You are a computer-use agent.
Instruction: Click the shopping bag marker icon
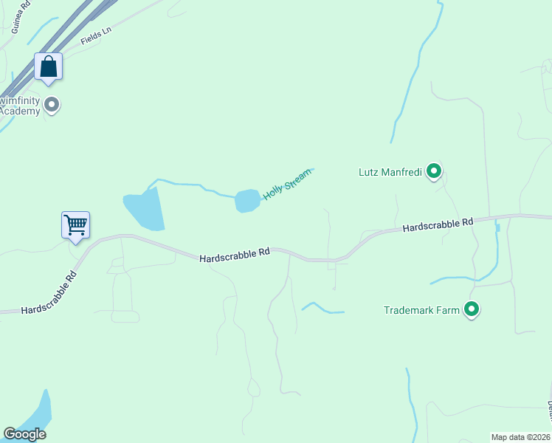click(x=48, y=67)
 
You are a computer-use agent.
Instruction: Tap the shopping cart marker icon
click(x=75, y=224)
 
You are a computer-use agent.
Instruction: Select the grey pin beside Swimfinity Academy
click(x=52, y=105)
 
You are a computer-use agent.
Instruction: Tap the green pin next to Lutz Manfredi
click(x=435, y=172)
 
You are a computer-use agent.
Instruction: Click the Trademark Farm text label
click(x=421, y=310)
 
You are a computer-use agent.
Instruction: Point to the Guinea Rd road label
click(x=21, y=16)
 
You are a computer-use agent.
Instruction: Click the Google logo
click(x=24, y=434)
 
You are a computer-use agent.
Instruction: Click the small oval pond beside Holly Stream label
click(x=247, y=200)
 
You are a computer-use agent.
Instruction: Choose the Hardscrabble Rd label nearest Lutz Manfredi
click(x=438, y=224)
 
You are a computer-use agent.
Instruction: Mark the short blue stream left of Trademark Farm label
click(x=322, y=308)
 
